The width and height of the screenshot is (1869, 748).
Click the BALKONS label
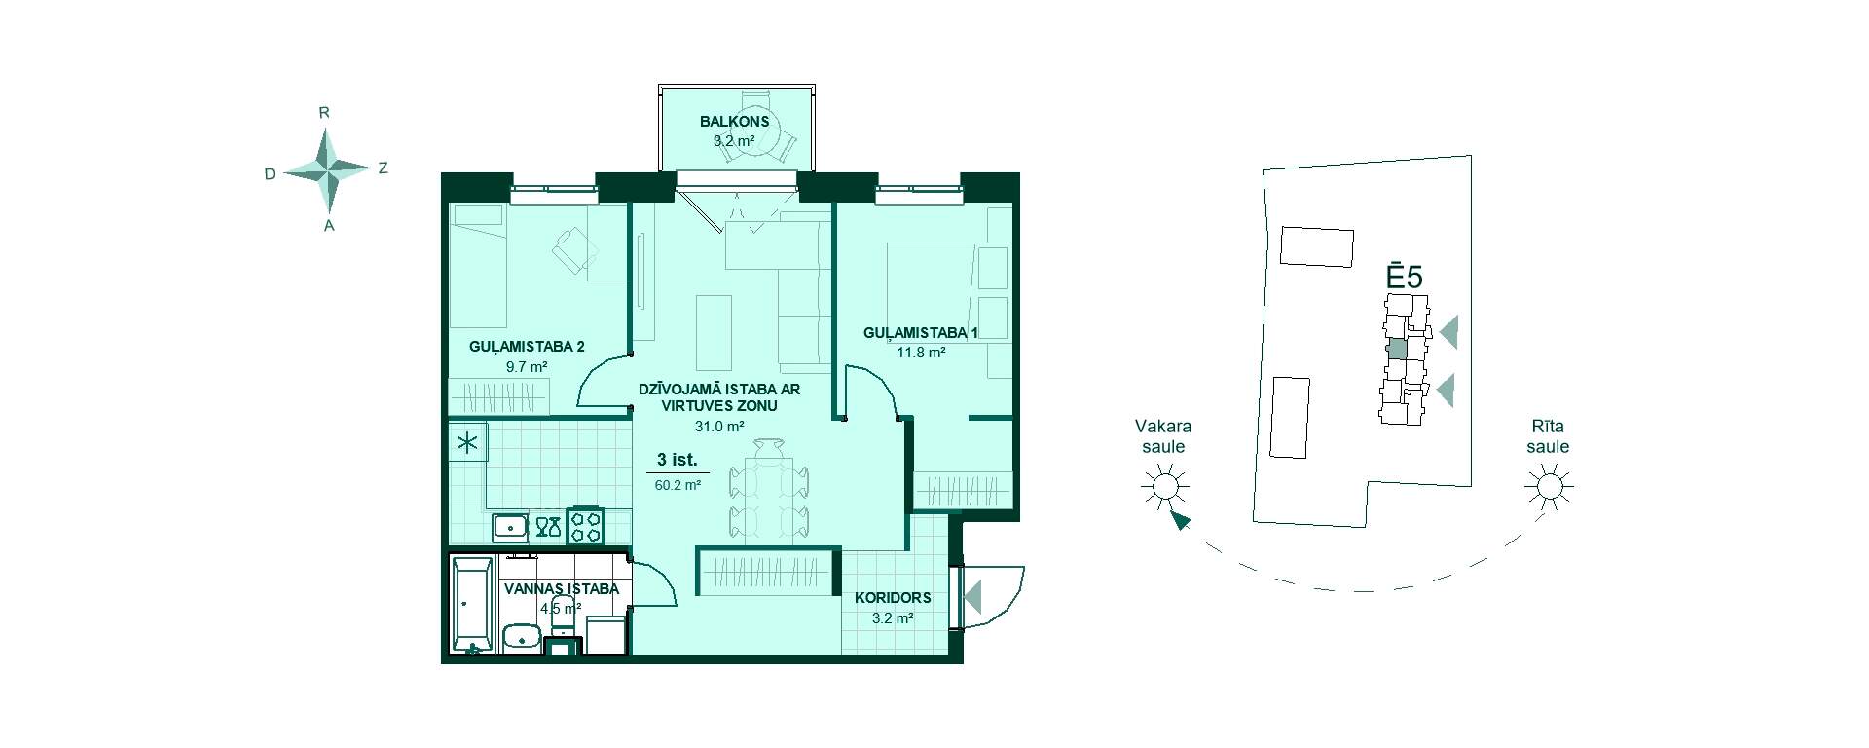[x=735, y=122]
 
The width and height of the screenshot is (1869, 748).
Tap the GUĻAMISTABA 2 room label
[x=527, y=347]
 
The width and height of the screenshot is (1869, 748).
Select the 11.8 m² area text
[x=921, y=353]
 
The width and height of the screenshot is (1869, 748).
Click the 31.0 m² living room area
[x=719, y=427]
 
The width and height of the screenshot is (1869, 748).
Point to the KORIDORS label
[x=893, y=598]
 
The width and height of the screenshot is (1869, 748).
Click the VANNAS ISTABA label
[x=562, y=589]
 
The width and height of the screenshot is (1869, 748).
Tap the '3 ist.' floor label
[x=678, y=460]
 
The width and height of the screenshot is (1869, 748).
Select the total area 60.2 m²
[x=678, y=484]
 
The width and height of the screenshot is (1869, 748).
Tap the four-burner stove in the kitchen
[x=586, y=526]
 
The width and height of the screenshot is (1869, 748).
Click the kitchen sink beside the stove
[x=510, y=527]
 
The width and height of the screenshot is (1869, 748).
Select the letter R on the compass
[x=324, y=113]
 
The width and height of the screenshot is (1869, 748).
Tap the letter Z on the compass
[x=384, y=168]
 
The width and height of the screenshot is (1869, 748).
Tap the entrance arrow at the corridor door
[x=972, y=594]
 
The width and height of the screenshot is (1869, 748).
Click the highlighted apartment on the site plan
[x=1397, y=349]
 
